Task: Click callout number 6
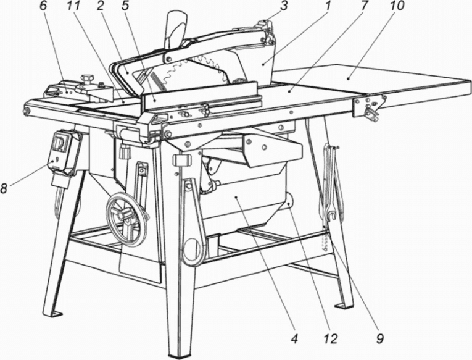pyautogui.click(x=44, y=6)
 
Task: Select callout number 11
pyautogui.click(x=72, y=6)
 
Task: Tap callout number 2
pyautogui.click(x=100, y=6)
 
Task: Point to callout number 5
pyautogui.click(x=125, y=6)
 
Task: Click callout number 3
pyautogui.click(x=283, y=6)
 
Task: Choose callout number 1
pyautogui.click(x=327, y=6)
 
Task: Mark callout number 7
pyautogui.click(x=363, y=6)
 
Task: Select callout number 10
pyautogui.click(x=397, y=6)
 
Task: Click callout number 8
pyautogui.click(x=4, y=188)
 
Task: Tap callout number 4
pyautogui.click(x=294, y=339)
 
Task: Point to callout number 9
pyautogui.click(x=380, y=339)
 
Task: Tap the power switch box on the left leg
pyautogui.click(x=62, y=148)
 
